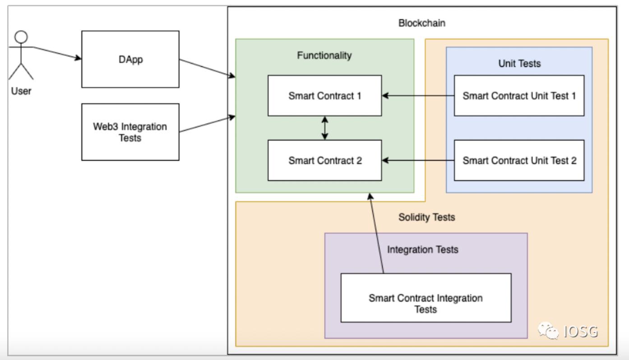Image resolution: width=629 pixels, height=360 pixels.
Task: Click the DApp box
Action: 130,59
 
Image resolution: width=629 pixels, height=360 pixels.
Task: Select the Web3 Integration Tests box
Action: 130,132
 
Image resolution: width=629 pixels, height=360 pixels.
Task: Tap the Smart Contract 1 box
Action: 324,96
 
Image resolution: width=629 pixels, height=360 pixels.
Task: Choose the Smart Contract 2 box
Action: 324,160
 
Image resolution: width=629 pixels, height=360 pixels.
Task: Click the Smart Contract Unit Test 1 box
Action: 519,96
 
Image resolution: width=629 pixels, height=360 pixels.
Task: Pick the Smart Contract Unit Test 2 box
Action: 519,160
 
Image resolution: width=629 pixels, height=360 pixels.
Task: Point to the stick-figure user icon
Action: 21,56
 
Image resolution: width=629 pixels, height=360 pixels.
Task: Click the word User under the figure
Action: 21,92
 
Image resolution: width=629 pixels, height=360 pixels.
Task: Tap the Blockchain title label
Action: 422,23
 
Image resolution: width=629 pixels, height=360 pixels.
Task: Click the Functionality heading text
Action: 324,55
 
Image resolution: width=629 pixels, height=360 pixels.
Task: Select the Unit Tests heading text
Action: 519,64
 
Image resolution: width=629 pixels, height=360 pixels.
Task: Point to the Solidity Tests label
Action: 426,217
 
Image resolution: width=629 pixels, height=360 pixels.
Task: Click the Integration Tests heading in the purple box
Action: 423,249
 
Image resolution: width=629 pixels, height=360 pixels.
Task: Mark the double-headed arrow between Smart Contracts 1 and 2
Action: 325,128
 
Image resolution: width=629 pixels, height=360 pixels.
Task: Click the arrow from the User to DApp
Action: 56,53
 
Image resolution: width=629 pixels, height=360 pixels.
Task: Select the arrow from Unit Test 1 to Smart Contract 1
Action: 418,96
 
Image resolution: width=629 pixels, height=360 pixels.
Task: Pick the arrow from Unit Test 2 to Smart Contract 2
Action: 418,160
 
